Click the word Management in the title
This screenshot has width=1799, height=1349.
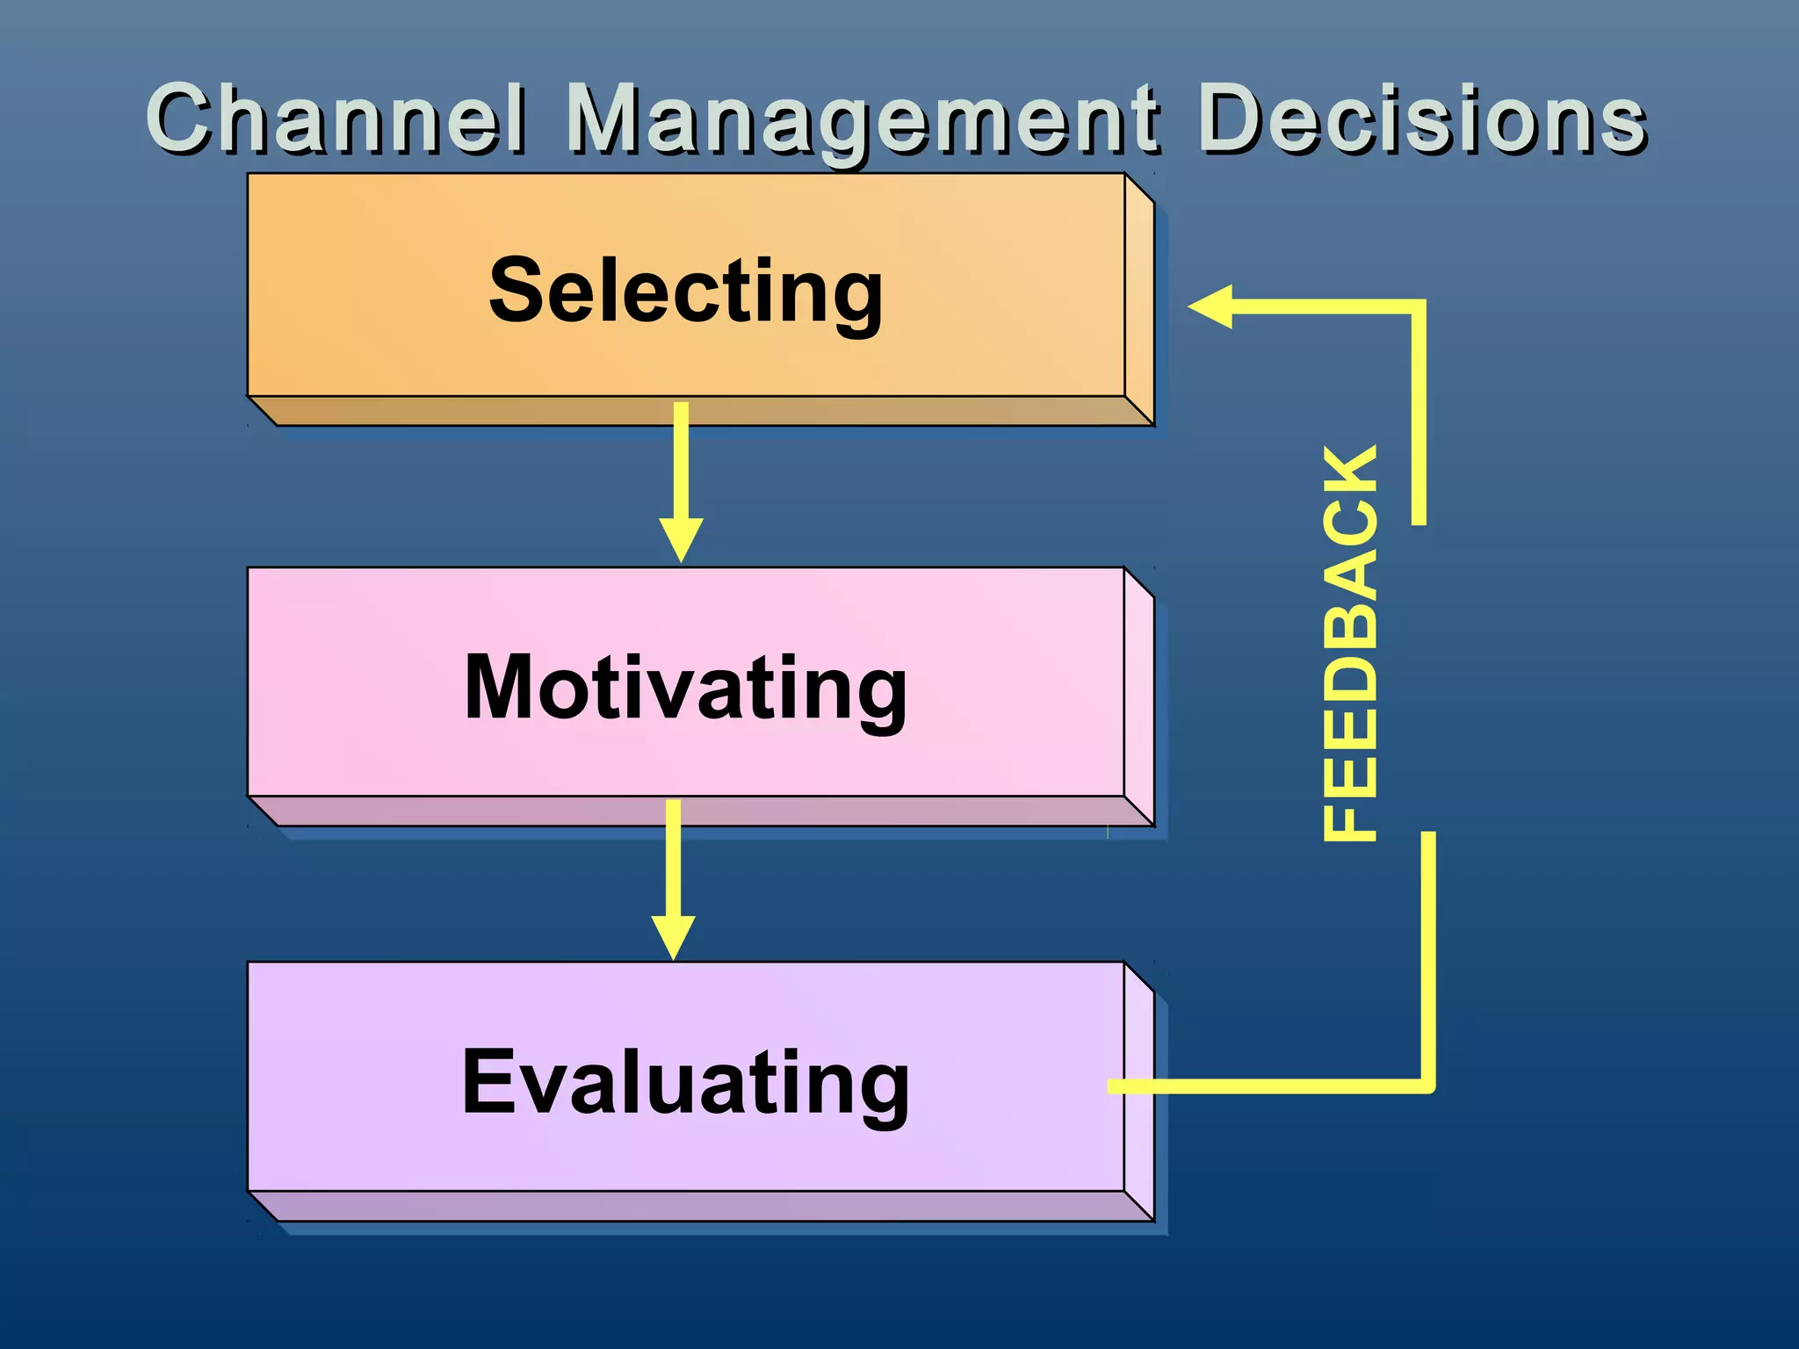(x=863, y=120)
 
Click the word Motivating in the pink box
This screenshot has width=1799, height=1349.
(x=685, y=689)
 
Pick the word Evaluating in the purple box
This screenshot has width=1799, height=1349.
(x=685, y=1084)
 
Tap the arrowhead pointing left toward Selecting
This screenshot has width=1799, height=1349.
(x=1212, y=307)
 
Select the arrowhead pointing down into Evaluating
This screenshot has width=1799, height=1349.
(x=673, y=936)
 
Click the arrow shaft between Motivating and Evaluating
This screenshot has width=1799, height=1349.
(x=673, y=857)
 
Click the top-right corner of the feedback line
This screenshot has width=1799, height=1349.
(x=1418, y=307)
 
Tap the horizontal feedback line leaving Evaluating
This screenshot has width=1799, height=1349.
(x=1265, y=1086)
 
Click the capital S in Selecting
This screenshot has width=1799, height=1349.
(x=517, y=290)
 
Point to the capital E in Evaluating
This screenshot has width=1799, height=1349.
(x=488, y=1082)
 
